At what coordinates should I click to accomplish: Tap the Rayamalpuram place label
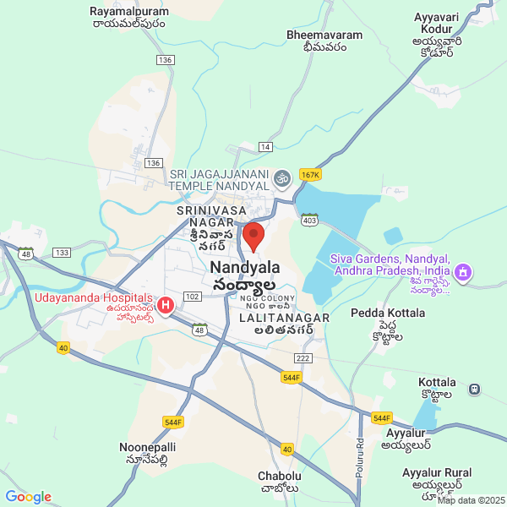tap(129, 18)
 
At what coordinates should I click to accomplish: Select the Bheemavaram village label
tap(324, 41)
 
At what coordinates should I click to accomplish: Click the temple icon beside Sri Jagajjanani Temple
tap(281, 177)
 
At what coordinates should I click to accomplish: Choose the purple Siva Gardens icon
tap(461, 272)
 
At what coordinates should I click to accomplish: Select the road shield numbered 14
tap(266, 147)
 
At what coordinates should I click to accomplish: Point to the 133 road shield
tap(61, 253)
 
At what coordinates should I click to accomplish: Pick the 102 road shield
tap(192, 297)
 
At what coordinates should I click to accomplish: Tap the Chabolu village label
tap(279, 482)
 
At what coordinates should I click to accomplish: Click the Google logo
tap(28, 497)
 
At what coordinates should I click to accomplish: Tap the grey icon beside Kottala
tap(475, 389)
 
